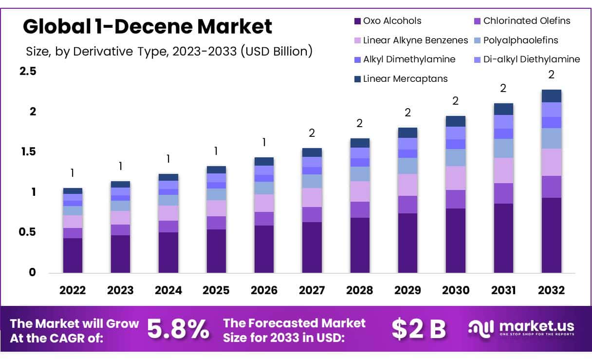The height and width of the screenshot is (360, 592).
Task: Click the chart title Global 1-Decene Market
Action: (148, 26)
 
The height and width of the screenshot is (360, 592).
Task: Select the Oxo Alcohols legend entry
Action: (392, 21)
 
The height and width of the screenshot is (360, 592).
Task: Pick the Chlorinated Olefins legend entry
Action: (521, 21)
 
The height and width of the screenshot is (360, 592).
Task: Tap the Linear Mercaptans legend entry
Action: (405, 78)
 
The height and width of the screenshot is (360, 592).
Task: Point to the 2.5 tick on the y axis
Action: (28, 71)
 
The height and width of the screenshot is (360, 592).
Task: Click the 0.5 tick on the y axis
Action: (28, 232)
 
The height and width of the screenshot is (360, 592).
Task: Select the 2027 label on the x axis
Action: (312, 290)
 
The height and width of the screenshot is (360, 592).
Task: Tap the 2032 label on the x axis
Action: (551, 290)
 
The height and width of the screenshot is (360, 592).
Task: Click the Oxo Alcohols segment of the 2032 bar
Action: (551, 235)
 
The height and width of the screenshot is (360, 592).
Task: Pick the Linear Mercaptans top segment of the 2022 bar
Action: (73, 190)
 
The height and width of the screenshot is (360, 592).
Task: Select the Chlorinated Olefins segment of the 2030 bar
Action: (455, 199)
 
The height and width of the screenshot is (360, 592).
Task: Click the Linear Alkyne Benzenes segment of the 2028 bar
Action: (360, 191)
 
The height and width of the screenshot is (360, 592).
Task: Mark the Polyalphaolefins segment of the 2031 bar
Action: (503, 148)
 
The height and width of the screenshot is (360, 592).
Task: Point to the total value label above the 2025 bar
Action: (216, 151)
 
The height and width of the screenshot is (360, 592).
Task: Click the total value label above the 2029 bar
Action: (407, 113)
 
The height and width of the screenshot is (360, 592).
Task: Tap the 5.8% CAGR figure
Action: (178, 329)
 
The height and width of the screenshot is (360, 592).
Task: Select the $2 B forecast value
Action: (419, 329)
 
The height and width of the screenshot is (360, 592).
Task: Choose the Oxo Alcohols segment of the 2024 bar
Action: (168, 252)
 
